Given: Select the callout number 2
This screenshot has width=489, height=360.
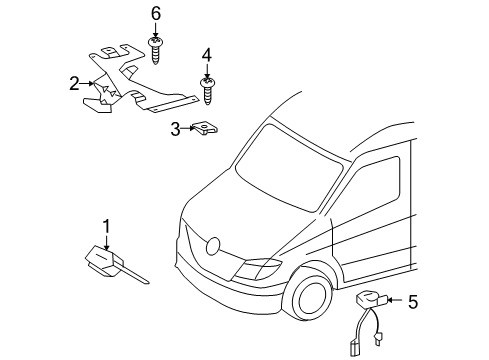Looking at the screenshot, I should tap(74, 84).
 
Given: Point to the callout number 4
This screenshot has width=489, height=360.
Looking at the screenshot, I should tap(207, 53).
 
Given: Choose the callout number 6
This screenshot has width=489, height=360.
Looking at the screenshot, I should tap(156, 14).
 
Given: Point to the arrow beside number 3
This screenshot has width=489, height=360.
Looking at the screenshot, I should tap(187, 127).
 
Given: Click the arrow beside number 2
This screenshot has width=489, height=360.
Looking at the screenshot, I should tap(89, 84).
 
